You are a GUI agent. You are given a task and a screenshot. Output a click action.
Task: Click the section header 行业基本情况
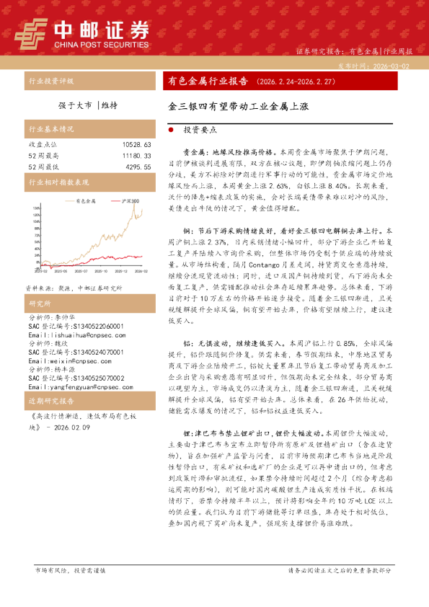50,130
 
